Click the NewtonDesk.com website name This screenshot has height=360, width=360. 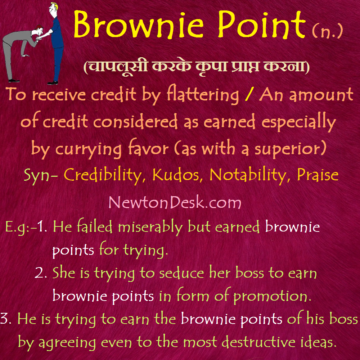point(175,203)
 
